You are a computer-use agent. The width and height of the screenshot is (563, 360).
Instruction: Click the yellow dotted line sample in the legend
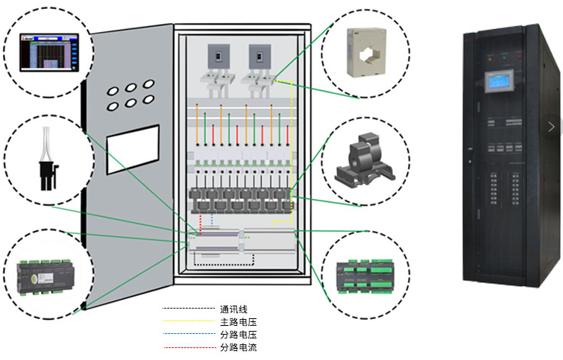tap(188, 322)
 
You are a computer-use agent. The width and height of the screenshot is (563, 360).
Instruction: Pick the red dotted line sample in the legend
tap(188, 347)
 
